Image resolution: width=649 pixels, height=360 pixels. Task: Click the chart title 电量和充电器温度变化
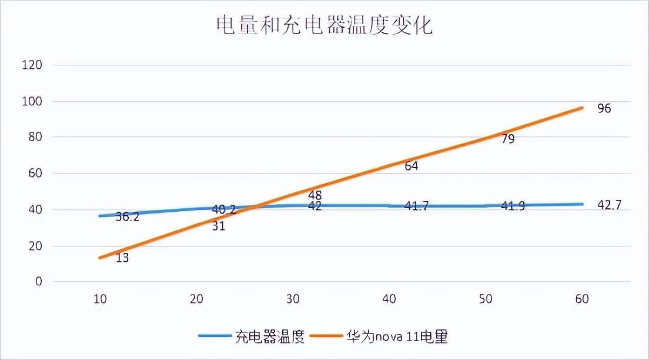(x=324, y=25)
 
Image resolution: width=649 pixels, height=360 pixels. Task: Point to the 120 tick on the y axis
(x=32, y=65)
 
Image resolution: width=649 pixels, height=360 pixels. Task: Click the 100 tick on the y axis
(x=32, y=101)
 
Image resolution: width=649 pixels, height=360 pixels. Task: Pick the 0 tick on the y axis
(x=39, y=282)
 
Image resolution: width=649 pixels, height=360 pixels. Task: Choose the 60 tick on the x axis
(x=582, y=299)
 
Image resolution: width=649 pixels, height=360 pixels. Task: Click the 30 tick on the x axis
(x=293, y=299)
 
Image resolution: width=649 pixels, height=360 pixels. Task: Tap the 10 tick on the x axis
(x=100, y=299)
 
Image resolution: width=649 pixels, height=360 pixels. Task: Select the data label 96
(x=604, y=108)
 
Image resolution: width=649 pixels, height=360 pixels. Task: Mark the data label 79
(x=508, y=139)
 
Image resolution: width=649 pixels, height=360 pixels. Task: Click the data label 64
(x=412, y=166)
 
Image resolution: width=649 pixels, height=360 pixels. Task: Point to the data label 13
(x=122, y=258)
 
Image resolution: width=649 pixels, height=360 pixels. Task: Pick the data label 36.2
(x=127, y=216)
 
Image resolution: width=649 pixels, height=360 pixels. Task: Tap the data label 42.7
(x=609, y=205)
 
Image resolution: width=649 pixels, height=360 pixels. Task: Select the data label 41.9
(x=513, y=206)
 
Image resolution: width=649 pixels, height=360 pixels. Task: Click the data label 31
(x=219, y=226)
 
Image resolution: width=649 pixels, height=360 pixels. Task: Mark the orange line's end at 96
(x=583, y=108)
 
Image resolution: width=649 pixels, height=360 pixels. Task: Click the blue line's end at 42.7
(x=583, y=204)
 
